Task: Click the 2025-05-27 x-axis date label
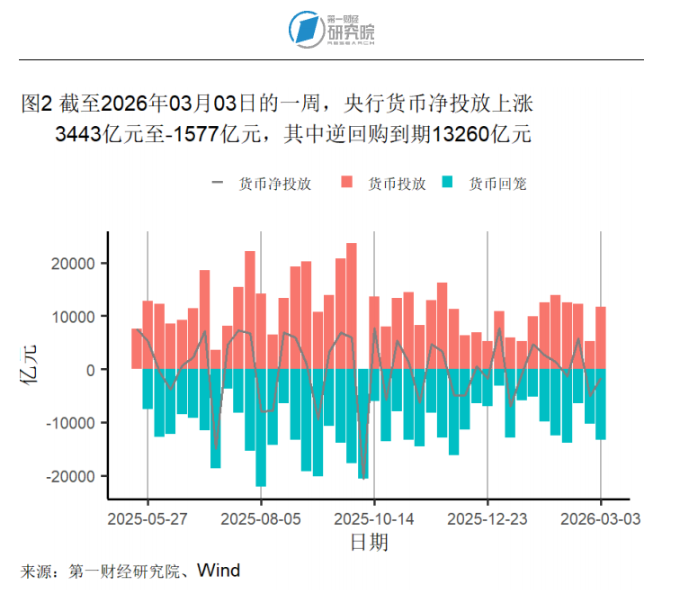coord(148,519)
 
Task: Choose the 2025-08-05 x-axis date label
coord(261,519)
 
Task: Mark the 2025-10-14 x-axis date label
coord(374,519)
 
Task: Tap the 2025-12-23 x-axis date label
coord(488,519)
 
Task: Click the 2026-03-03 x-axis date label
coord(601,519)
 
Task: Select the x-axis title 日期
coord(369,543)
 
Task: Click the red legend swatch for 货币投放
coord(347,184)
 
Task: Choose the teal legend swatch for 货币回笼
coord(448,184)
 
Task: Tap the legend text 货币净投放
coord(275,184)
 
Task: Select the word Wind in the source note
coord(219,571)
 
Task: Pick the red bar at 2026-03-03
coord(601,337)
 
